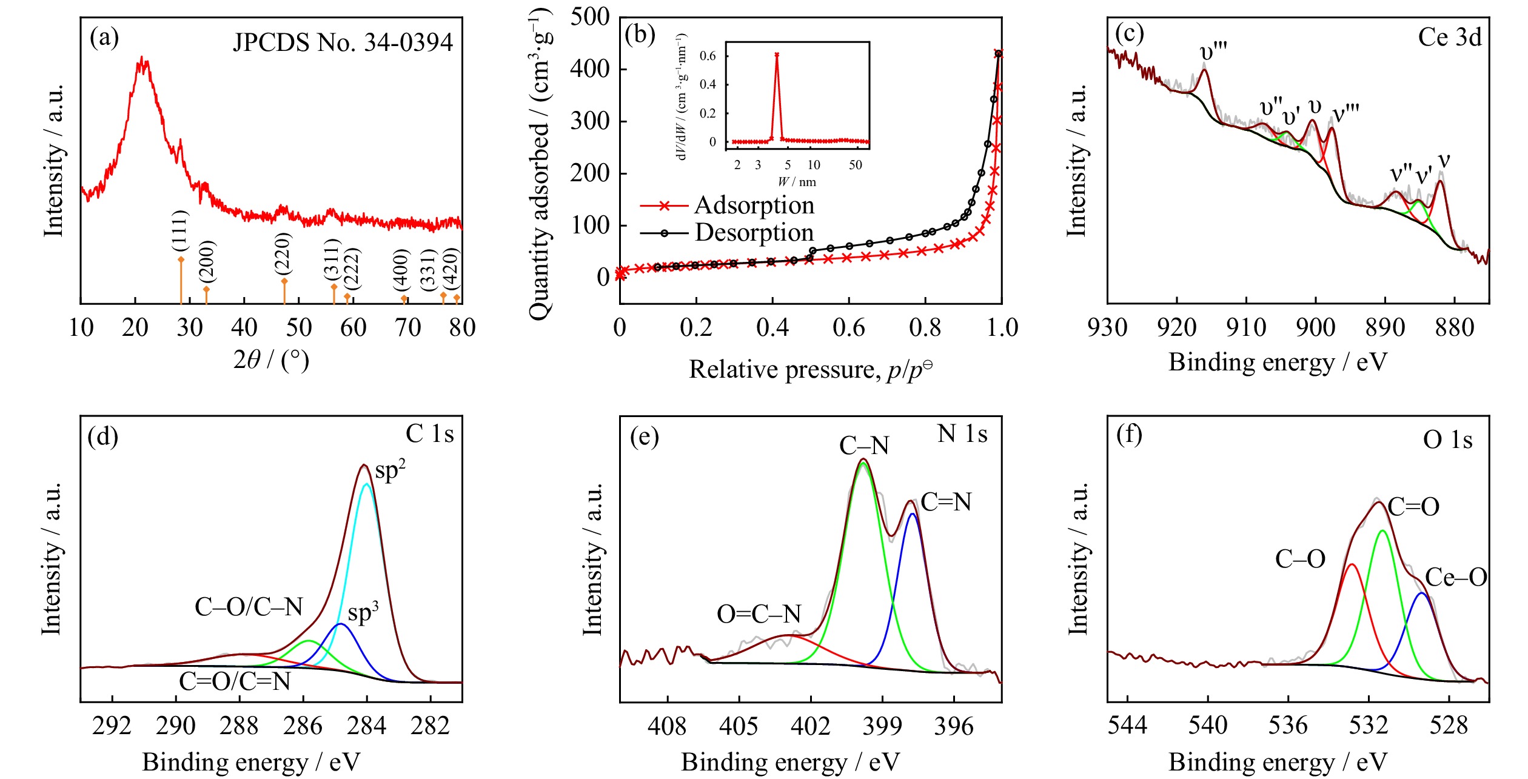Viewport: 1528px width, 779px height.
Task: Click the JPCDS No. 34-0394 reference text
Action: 343,42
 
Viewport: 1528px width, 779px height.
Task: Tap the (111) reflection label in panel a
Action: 180,230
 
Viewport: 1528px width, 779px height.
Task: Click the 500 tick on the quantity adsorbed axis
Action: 589,17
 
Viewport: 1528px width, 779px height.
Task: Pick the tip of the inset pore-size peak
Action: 777,55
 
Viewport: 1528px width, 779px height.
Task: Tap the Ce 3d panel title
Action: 1449,38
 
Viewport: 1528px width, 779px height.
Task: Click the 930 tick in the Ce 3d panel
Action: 1108,328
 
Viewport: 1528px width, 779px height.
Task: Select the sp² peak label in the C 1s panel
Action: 390,470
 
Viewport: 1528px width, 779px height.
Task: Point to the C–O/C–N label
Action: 249,607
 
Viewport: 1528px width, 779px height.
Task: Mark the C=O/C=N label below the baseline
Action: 235,681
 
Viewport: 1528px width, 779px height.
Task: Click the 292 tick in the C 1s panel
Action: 112,726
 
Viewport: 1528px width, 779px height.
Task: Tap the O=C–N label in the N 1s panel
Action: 759,614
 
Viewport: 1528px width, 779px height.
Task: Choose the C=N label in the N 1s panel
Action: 946,502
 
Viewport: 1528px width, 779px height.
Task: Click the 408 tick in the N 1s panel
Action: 667,726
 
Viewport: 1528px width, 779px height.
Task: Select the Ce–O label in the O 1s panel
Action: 1456,577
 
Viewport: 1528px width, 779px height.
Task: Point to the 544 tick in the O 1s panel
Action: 1127,726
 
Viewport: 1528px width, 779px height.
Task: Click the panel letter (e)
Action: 644,436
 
